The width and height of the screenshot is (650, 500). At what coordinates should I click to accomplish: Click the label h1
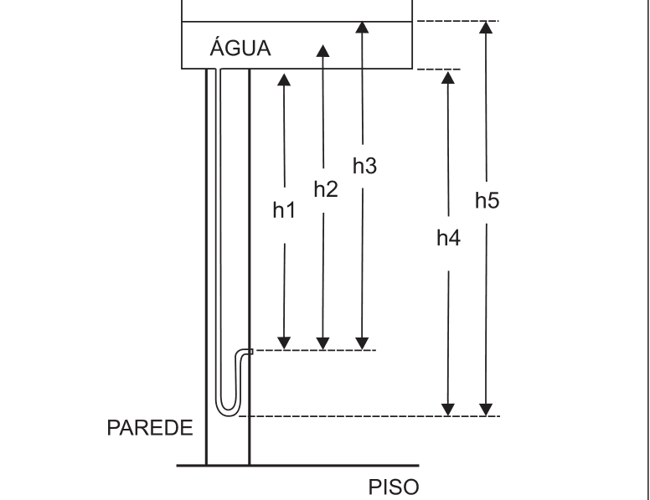[284, 209]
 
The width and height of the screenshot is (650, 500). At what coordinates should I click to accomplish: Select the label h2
[326, 189]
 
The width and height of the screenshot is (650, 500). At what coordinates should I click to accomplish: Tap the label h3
[365, 166]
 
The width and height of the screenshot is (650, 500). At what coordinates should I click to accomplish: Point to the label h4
[448, 238]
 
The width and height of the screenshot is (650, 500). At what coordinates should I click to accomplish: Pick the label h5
[487, 201]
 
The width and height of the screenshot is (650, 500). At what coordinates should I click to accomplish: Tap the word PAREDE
[150, 427]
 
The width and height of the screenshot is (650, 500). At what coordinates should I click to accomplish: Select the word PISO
[394, 487]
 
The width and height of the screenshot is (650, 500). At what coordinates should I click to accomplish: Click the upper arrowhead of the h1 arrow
[284, 80]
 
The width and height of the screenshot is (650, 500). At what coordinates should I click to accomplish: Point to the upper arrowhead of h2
[323, 51]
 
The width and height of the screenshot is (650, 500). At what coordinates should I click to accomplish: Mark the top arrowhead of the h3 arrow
[363, 28]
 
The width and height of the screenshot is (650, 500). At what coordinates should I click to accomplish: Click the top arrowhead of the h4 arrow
[447, 78]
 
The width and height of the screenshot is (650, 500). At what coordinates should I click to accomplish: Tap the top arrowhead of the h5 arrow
[486, 28]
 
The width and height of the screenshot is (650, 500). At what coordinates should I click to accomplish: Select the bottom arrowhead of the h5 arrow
[486, 410]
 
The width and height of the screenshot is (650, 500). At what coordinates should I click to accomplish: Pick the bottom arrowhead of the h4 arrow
[448, 410]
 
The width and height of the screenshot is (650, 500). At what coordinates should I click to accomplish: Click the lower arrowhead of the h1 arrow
[284, 343]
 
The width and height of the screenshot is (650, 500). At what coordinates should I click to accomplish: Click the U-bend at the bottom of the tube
[228, 410]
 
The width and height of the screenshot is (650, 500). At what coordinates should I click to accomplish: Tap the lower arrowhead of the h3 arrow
[363, 343]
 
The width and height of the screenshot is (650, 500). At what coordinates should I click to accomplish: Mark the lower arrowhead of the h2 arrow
[323, 343]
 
